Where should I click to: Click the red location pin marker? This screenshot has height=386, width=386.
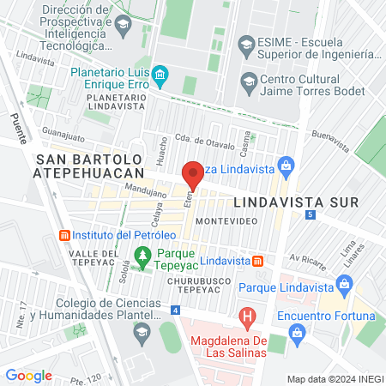(x=193, y=176)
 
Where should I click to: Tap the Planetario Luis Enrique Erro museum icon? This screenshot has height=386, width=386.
(x=160, y=80)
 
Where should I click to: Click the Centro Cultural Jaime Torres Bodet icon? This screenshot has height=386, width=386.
(x=249, y=82)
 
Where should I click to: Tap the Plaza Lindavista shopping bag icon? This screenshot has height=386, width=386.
(x=288, y=164)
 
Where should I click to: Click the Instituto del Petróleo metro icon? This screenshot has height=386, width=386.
(x=63, y=235)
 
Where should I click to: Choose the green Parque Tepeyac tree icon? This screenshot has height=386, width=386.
(x=142, y=254)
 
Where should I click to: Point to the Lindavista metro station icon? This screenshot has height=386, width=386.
(x=257, y=260)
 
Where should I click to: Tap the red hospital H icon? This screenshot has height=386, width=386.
(x=248, y=318)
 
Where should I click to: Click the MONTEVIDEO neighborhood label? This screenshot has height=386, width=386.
(x=226, y=220)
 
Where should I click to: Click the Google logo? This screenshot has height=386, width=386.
(x=29, y=375)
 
